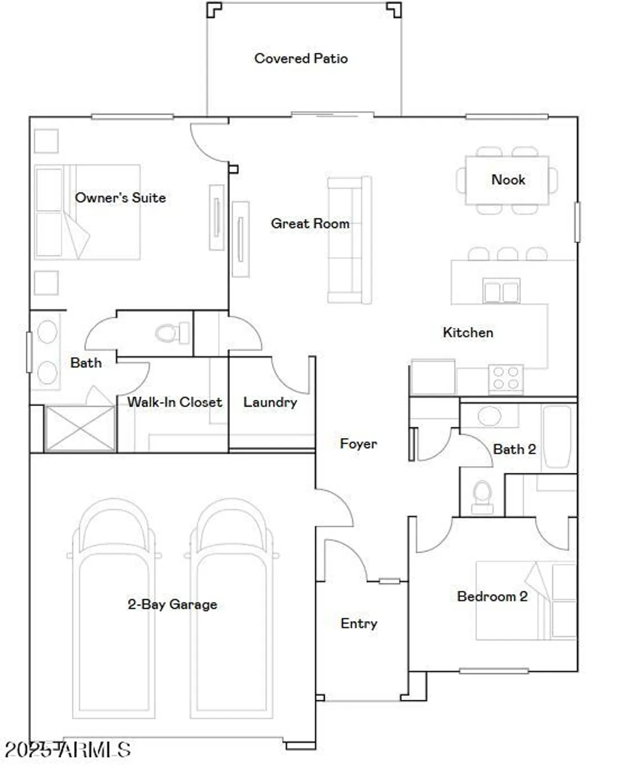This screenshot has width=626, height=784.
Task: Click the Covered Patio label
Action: coord(301,58)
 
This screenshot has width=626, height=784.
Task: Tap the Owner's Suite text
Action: coord(120,198)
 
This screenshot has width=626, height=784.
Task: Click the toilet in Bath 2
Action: coord(482,496)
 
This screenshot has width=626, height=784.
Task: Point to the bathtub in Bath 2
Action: coord(557,436)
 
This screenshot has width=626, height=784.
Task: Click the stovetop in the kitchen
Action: coord(506,378)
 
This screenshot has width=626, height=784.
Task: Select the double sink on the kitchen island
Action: coord(501,291)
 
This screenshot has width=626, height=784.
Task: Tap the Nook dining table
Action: coord(507,180)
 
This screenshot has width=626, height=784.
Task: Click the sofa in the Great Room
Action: coord(349,240)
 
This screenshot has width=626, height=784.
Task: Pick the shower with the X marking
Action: coord(80,428)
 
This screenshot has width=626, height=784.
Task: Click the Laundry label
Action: coord(270,402)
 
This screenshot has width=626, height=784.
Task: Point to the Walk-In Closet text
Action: coord(175,402)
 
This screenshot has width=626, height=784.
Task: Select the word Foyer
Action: coord(358,444)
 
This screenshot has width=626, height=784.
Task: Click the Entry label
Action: coord(359,623)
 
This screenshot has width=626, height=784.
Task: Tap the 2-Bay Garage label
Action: coord(173,604)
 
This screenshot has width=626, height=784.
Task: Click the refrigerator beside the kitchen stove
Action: coord(432,377)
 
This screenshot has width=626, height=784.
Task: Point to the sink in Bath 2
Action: coord(490,417)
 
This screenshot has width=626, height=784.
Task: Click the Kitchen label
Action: coord(468,332)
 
